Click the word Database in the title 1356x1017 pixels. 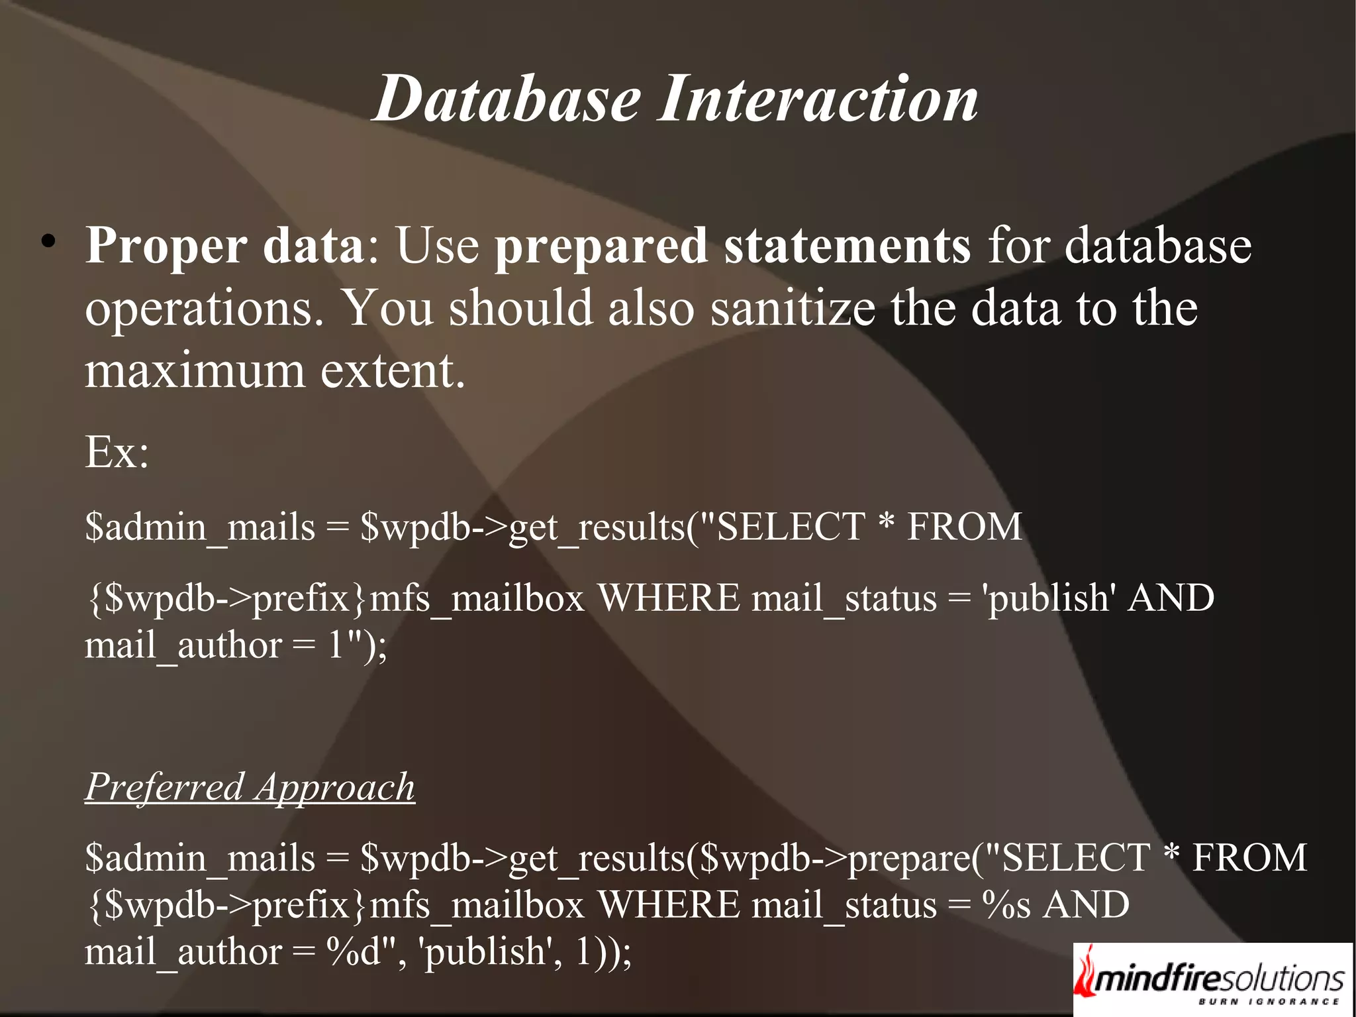507,99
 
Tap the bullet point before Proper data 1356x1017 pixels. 47,242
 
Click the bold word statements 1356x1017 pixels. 847,245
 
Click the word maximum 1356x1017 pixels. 195,371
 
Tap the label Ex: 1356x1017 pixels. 117,453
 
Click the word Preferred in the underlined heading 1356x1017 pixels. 165,788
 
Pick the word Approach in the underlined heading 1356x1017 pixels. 335,788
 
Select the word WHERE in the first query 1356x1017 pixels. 669,598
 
